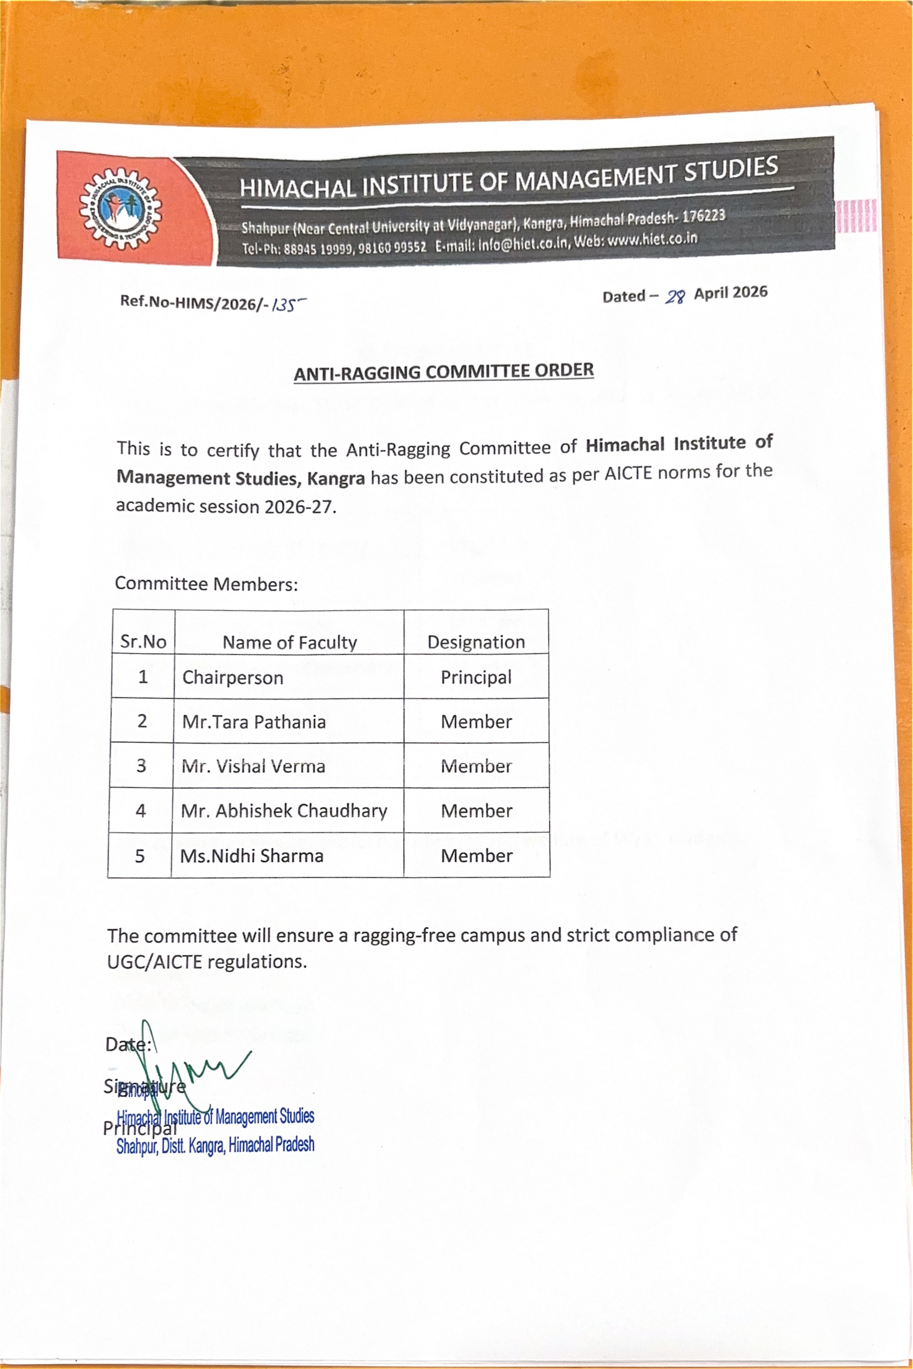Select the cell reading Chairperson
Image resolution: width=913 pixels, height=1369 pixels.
(x=233, y=677)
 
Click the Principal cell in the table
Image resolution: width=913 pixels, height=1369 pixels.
(x=476, y=677)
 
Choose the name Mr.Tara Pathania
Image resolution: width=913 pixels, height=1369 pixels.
(x=254, y=721)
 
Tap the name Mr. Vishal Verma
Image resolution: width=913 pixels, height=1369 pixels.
(x=253, y=766)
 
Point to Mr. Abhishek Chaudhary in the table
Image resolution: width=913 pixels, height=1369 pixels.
(x=284, y=810)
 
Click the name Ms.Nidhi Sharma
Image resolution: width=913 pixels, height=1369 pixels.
(x=251, y=855)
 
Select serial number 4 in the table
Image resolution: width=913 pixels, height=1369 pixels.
(x=140, y=810)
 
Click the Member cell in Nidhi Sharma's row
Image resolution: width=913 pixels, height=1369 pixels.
(x=476, y=855)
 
